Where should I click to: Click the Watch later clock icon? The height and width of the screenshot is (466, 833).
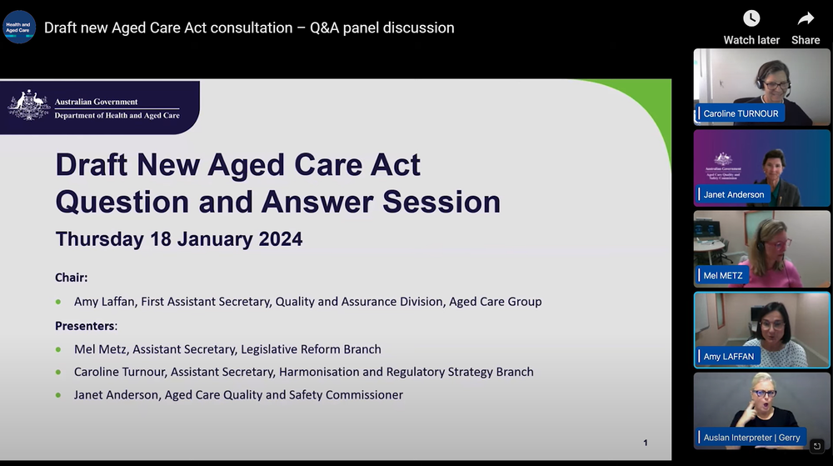(751, 18)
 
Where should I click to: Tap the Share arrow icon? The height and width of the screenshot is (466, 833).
(806, 18)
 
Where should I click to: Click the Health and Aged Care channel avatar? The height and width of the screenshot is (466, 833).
(18, 28)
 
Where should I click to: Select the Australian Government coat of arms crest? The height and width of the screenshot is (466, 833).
(29, 107)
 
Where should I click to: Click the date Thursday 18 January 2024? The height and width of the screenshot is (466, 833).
(179, 239)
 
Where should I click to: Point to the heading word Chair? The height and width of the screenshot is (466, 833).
(72, 278)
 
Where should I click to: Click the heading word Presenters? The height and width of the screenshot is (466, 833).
(85, 325)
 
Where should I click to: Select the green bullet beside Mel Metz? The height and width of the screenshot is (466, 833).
(58, 349)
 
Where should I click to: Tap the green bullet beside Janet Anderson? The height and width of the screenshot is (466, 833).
(58, 395)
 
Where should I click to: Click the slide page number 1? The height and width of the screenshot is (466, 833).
(646, 443)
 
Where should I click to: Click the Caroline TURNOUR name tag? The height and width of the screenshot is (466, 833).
(741, 113)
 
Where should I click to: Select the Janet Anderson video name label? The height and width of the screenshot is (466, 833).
(733, 194)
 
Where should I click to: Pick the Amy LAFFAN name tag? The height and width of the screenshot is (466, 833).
(729, 356)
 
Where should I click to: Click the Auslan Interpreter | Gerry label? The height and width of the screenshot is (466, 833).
(751, 437)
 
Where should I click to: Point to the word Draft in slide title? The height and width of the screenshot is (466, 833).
(92, 165)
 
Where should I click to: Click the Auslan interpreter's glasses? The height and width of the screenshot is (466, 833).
(765, 393)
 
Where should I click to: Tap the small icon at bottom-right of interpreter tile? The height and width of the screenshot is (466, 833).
(817, 446)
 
